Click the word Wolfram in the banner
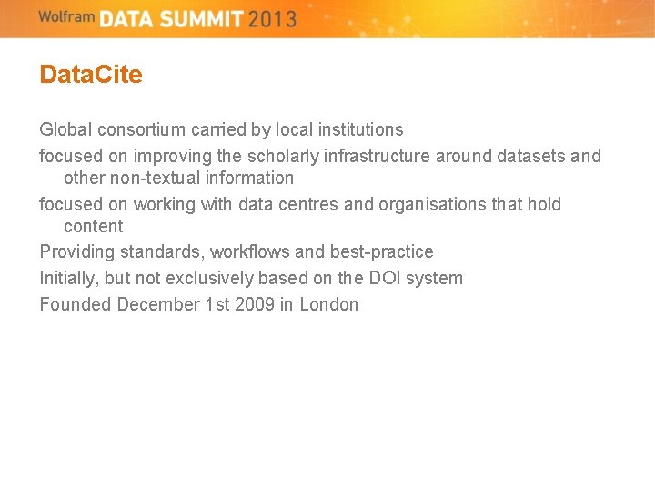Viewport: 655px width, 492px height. pyautogui.click(x=67, y=16)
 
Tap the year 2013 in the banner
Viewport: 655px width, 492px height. pyautogui.click(x=271, y=18)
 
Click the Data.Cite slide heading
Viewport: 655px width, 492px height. pyautogui.click(x=91, y=75)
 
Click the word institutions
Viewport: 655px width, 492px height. pyautogui.click(x=358, y=129)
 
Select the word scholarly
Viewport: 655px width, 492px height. pyautogui.click(x=283, y=156)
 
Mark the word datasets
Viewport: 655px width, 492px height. pyautogui.click(x=531, y=156)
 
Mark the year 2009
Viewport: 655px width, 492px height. pyautogui.click(x=255, y=304)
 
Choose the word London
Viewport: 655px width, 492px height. pyautogui.click(x=329, y=304)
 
